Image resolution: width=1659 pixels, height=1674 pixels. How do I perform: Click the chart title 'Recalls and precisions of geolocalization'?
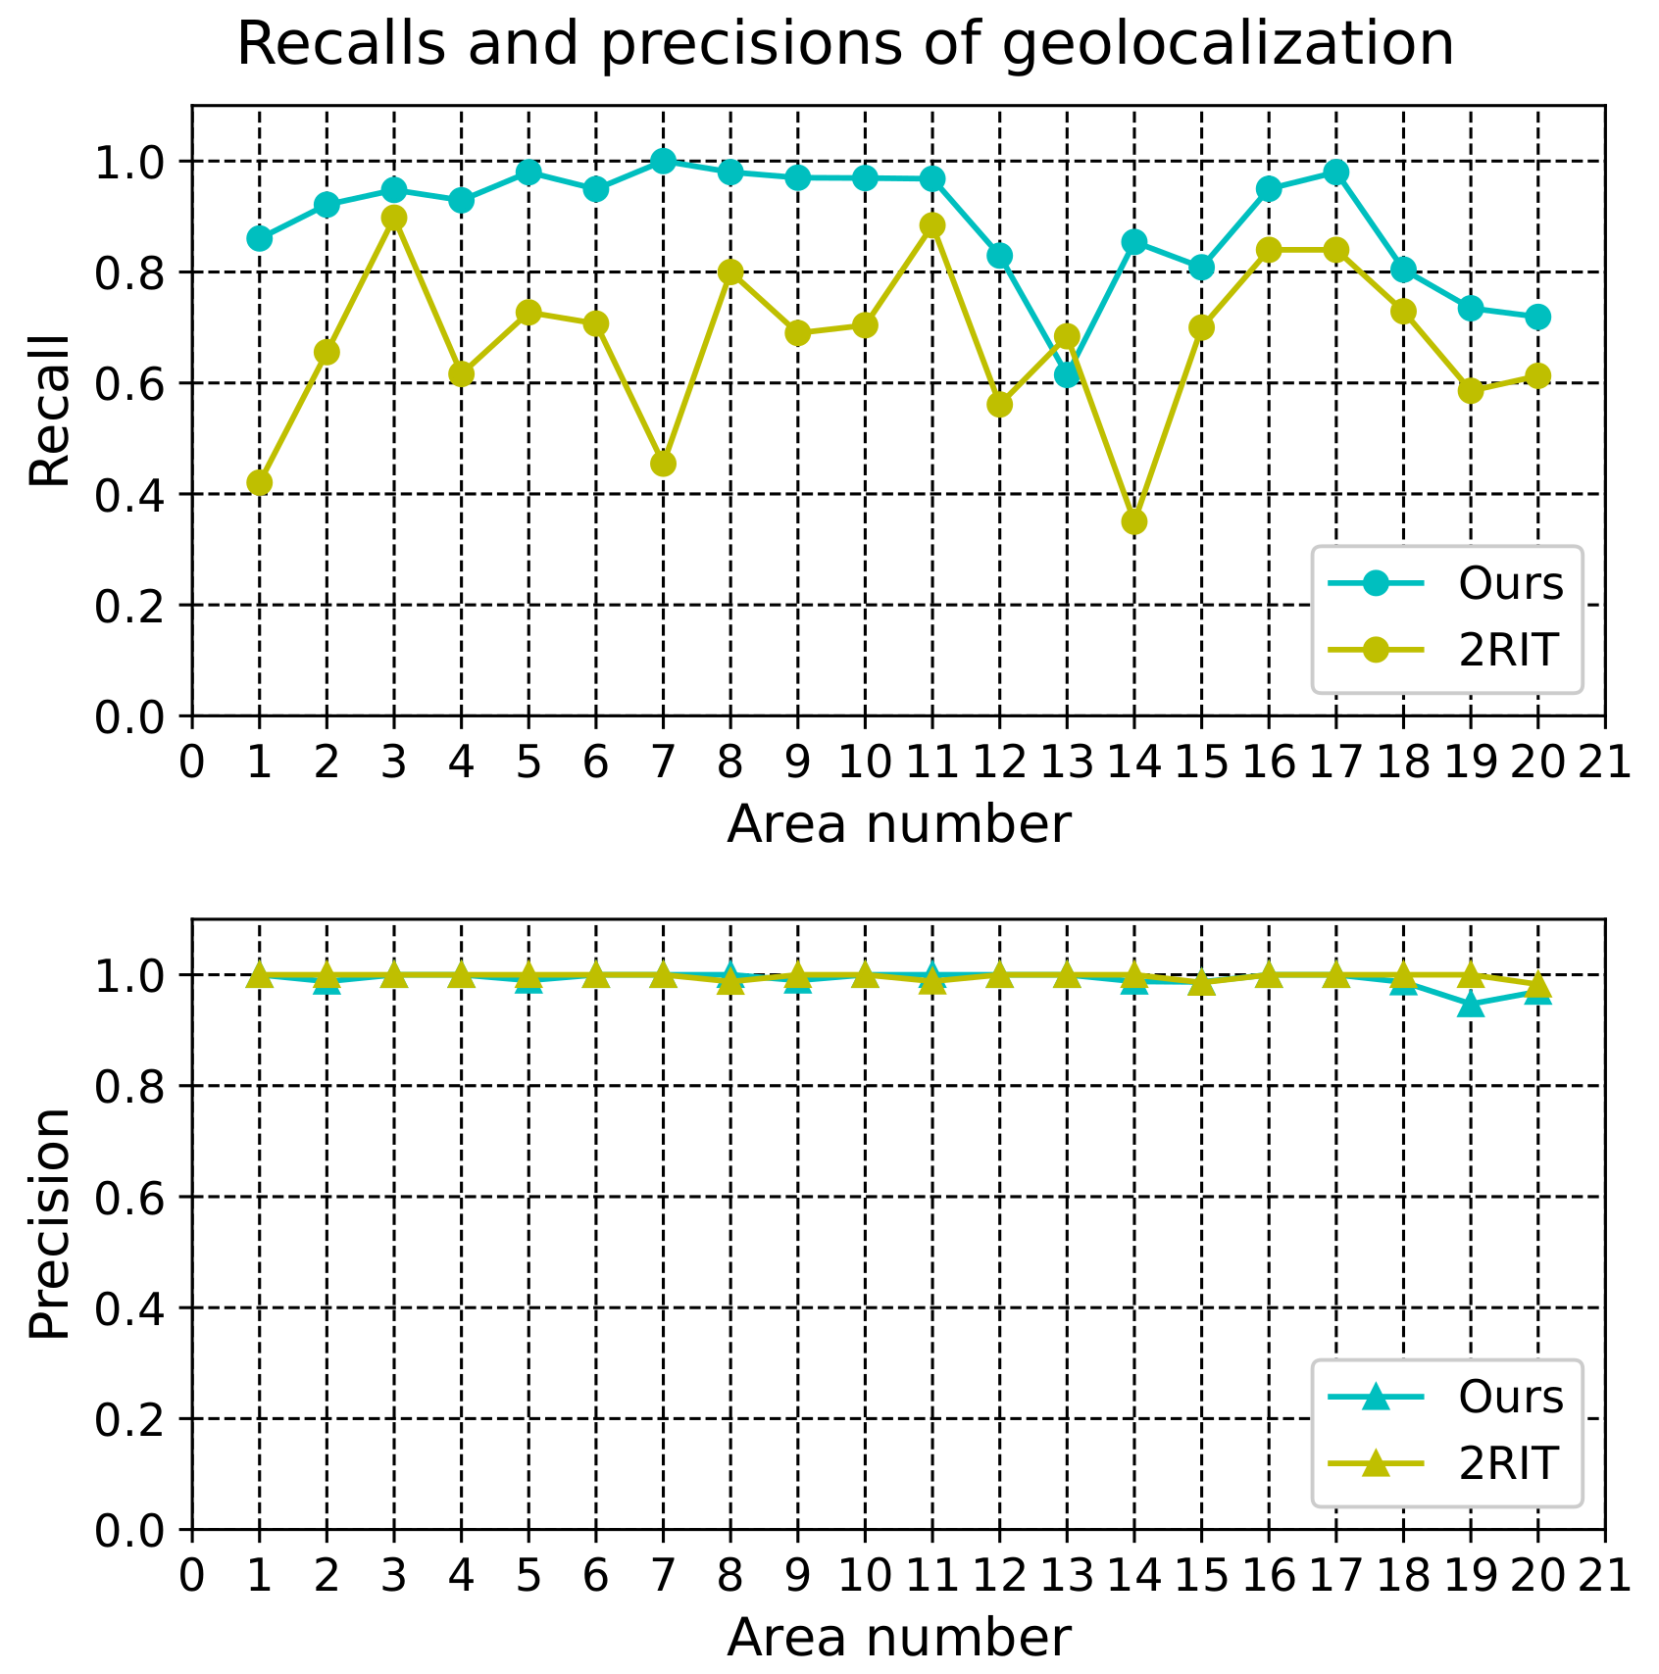[x=845, y=45]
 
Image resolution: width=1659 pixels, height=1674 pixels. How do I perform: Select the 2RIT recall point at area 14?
[x=1134, y=521]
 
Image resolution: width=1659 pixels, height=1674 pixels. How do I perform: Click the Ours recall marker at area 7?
[x=663, y=161]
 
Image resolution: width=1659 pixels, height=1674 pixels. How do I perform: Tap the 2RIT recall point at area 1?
[x=259, y=482]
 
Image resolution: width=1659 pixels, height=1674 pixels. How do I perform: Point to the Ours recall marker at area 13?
[x=1067, y=374]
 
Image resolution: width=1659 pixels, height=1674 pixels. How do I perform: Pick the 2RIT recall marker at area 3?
[x=394, y=218]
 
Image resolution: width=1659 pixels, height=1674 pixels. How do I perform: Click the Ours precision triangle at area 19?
[x=1470, y=1005]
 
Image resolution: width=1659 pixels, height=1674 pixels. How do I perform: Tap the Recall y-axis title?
[x=49, y=411]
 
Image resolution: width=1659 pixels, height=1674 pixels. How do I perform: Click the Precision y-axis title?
[x=49, y=1224]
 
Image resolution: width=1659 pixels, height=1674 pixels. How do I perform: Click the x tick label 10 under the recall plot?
[x=865, y=762]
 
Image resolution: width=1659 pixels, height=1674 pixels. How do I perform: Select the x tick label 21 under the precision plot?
[x=1604, y=1575]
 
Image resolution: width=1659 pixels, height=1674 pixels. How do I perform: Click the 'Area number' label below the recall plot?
[x=898, y=824]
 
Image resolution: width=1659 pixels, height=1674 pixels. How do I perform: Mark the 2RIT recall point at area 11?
[x=932, y=225]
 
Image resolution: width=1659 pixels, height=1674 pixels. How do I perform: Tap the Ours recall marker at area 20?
[x=1537, y=317]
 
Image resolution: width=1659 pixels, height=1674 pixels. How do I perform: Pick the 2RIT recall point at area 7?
[x=663, y=464]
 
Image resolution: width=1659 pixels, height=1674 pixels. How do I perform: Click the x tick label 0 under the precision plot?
[x=192, y=1575]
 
